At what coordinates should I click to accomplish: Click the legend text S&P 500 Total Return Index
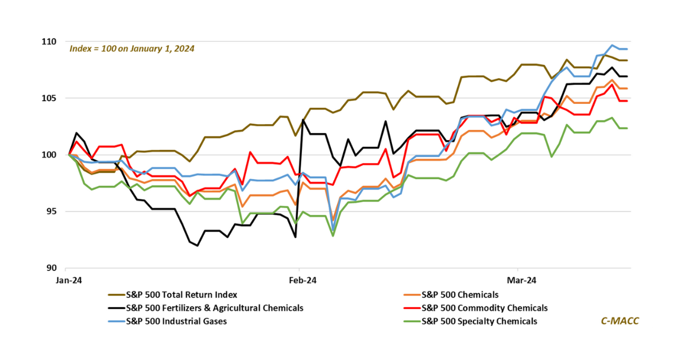pos(181,295)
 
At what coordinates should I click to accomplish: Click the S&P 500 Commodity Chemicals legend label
pos(485,308)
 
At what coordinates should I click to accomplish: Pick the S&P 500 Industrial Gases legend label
pos(176,321)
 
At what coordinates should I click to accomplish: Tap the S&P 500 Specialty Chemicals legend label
pos(479,321)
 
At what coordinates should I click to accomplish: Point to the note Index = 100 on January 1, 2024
pos(131,49)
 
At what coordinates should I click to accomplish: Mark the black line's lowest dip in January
pos(198,246)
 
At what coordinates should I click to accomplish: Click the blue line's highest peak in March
pos(612,45)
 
